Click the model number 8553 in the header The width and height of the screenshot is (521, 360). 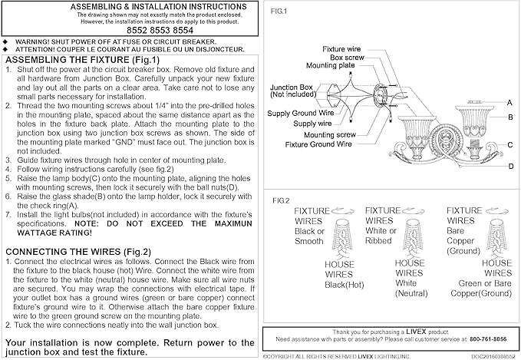point(160,30)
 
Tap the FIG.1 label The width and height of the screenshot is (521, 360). point(279,12)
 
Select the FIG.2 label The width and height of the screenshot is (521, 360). point(281,201)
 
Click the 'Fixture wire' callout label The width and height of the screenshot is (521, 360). point(341,49)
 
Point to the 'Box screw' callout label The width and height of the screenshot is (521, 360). point(347,58)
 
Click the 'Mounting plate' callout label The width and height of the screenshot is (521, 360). point(330,65)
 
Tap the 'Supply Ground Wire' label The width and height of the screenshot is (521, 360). point(300,114)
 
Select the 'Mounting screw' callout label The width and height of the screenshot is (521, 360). point(330,134)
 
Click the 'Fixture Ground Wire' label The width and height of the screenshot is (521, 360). point(318,144)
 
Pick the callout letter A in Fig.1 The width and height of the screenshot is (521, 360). point(509,103)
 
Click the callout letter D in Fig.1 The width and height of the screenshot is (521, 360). point(511,166)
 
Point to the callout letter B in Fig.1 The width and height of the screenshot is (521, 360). point(510,117)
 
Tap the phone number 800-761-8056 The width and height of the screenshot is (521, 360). point(488,339)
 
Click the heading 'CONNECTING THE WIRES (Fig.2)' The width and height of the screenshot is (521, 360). point(78,252)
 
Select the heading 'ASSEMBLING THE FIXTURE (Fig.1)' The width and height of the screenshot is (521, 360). point(82,60)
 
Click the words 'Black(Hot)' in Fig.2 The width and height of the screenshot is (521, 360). point(345,285)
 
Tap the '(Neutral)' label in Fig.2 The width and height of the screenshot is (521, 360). point(411,293)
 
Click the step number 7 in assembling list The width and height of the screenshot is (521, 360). point(8,215)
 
